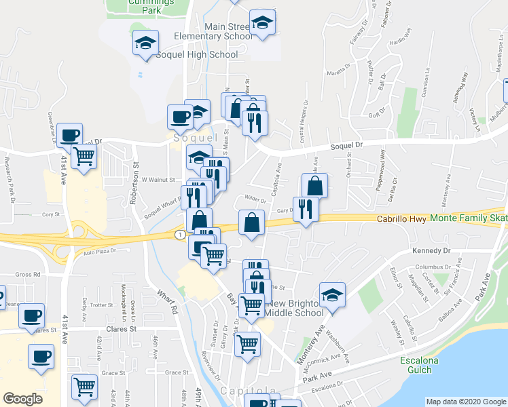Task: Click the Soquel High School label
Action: [x=197, y=54]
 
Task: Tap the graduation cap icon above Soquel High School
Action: [x=145, y=43]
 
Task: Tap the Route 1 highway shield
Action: [x=179, y=234]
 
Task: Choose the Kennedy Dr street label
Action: [x=431, y=250]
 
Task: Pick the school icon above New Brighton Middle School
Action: [x=332, y=295]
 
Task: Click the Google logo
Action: [x=22, y=399]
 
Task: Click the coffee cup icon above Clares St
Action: [x=31, y=315]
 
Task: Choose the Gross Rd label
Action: [x=29, y=275]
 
